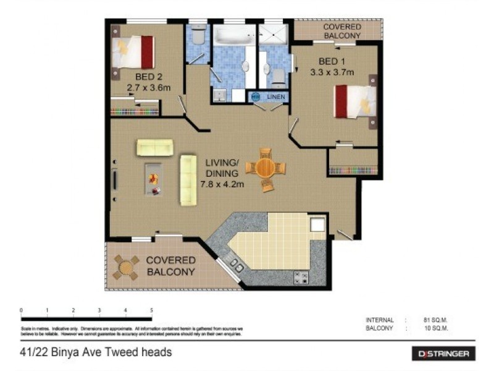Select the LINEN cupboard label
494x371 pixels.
point(275,97)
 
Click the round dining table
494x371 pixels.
point(266,168)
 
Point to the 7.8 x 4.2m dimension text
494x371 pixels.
point(222,184)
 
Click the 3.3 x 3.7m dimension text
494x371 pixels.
point(332,72)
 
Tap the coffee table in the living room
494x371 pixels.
point(154,178)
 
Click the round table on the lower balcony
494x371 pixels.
point(126,267)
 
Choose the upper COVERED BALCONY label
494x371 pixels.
point(341,32)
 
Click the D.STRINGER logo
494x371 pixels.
point(443,354)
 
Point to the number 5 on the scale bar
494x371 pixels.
point(151,310)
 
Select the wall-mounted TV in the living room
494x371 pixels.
point(115,181)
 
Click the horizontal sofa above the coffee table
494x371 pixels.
point(155,147)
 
